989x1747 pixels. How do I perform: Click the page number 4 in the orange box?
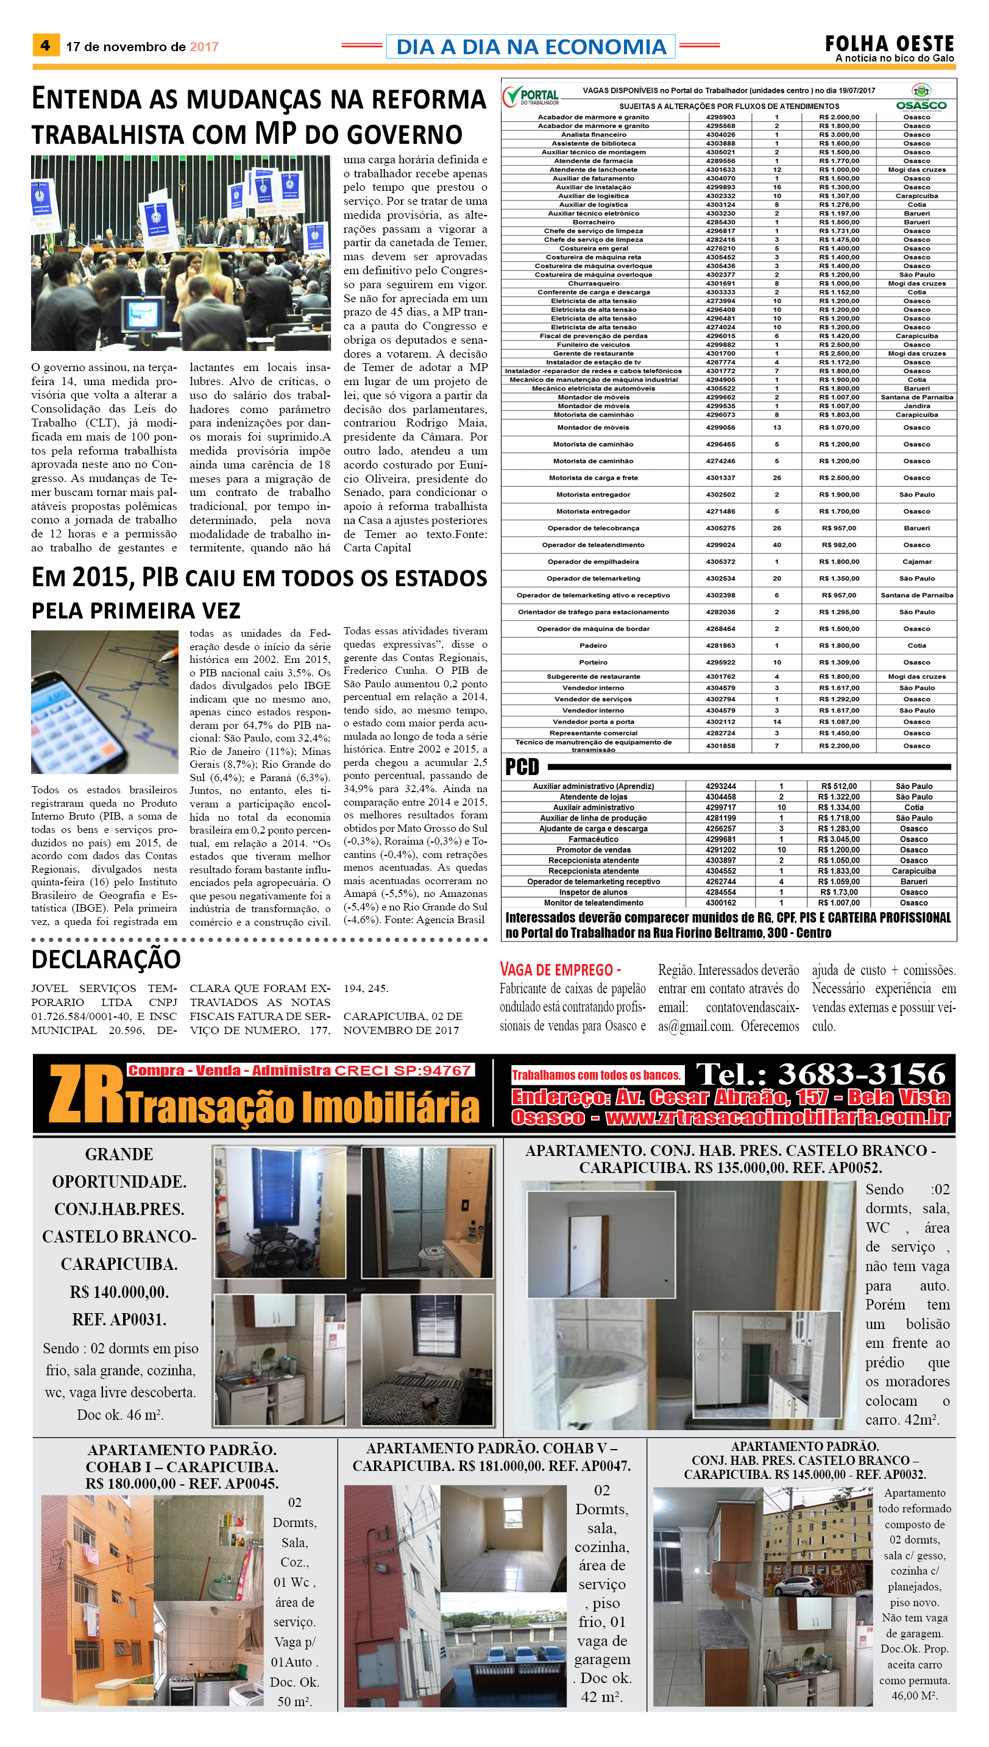point(45,46)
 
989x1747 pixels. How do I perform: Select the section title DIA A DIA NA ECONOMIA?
point(531,47)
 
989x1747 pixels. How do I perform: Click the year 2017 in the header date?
point(204,47)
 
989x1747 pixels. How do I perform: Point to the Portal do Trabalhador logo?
point(531,96)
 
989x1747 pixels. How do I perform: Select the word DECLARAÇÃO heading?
point(106,959)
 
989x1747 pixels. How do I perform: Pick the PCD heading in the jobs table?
point(522,767)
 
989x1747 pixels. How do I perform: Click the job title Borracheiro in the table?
point(593,222)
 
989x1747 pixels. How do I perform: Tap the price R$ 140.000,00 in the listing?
point(119,1291)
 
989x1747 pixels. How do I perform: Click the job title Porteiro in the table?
point(593,662)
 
